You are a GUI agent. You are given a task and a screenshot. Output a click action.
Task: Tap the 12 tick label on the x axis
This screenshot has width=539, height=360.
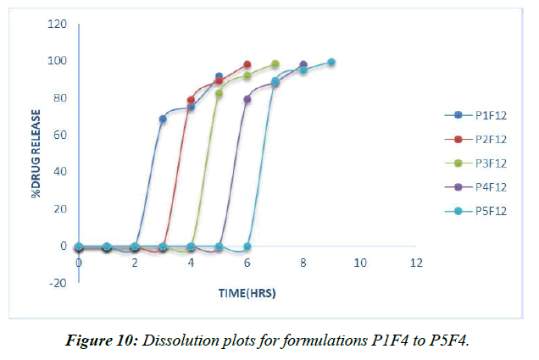pos(415,263)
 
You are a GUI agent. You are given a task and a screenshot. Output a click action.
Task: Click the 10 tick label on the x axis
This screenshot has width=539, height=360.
pos(359,263)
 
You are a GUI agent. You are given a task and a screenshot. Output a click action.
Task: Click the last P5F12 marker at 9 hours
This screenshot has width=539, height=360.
pos(331,62)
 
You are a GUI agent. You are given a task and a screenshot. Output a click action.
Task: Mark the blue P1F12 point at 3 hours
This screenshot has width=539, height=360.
pos(163,119)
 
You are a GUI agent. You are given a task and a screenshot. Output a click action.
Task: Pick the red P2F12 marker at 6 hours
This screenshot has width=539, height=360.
pos(247,64)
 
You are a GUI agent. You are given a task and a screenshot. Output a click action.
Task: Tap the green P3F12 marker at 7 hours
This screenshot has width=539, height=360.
pos(275,64)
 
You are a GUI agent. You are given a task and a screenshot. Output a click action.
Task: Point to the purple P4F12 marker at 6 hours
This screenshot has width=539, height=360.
pos(247,99)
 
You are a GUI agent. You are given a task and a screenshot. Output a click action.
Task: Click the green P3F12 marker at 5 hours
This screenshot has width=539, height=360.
pos(219,93)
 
